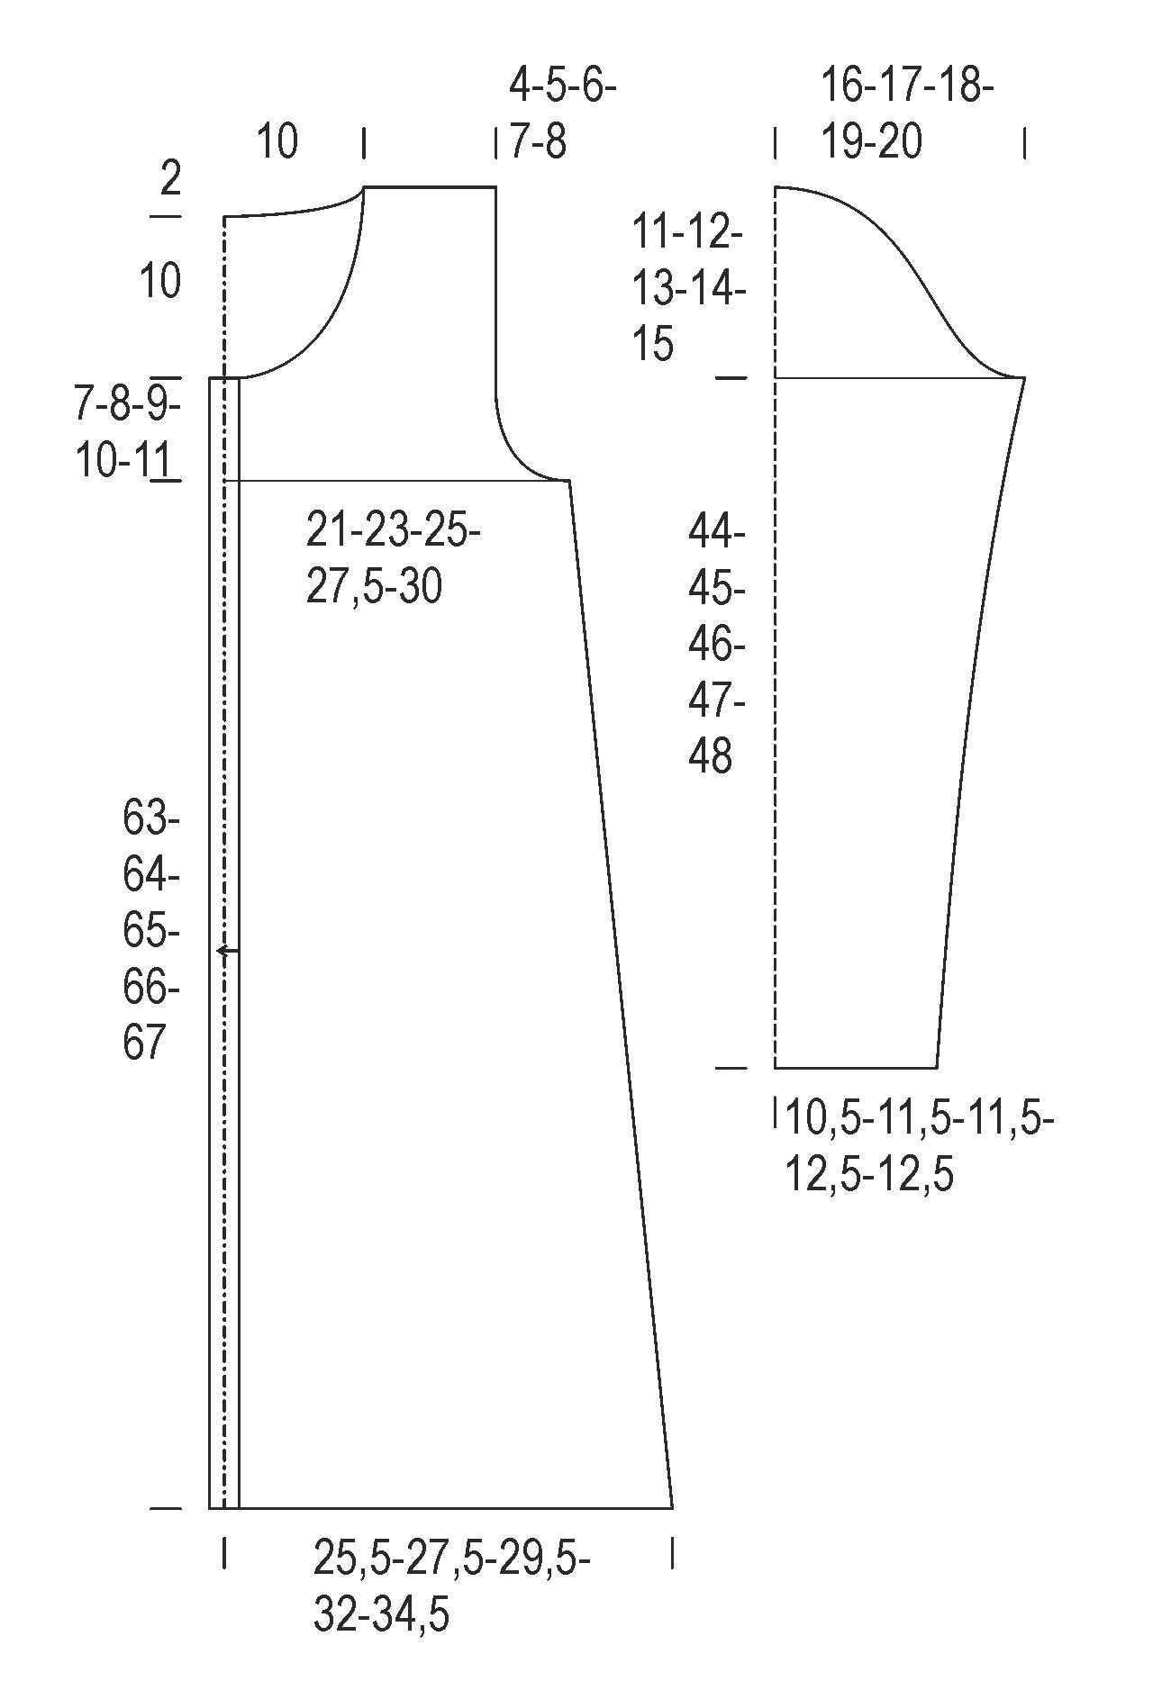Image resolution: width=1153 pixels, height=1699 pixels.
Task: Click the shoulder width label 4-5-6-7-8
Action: [563, 115]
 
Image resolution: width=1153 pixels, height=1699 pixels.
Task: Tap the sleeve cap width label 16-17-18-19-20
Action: [907, 115]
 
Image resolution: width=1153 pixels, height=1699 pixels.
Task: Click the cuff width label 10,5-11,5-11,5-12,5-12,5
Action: [920, 1147]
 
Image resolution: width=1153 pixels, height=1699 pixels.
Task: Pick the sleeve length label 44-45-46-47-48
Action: [717, 645]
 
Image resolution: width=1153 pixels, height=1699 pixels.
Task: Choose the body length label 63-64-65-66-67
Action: [151, 932]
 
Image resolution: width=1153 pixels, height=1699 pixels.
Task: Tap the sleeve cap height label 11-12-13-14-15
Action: [689, 289]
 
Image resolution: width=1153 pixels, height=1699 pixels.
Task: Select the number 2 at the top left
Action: [170, 179]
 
